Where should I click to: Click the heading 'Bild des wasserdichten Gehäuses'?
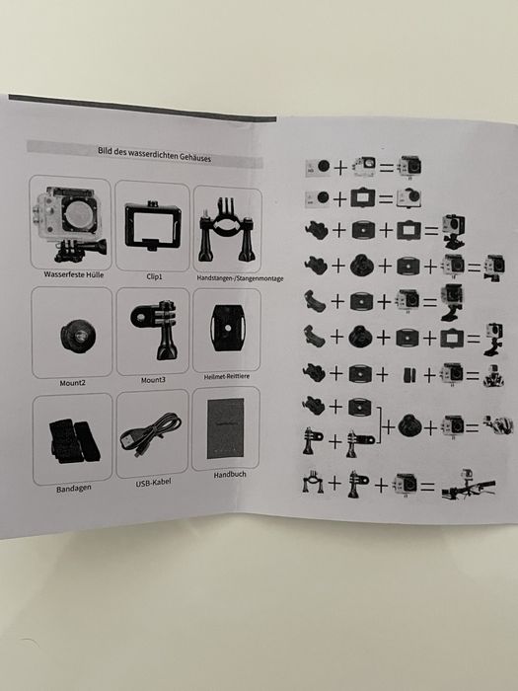pyautogui.click(x=154, y=154)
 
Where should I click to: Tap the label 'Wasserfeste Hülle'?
pyautogui.click(x=74, y=274)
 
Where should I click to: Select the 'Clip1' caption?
pyautogui.click(x=154, y=276)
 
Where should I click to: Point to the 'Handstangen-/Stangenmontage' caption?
pyautogui.click(x=240, y=278)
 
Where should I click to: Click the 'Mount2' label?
pyautogui.click(x=72, y=383)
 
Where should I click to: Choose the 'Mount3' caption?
pyautogui.click(x=153, y=380)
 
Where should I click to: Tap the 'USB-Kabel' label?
pyautogui.click(x=153, y=483)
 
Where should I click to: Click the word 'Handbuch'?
pyautogui.click(x=230, y=475)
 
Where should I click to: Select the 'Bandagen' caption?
pyautogui.click(x=74, y=489)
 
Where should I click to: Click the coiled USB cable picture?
pyautogui.click(x=150, y=434)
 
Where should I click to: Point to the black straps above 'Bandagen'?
pyautogui.click(x=74, y=440)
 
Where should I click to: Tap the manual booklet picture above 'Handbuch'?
pyautogui.click(x=226, y=428)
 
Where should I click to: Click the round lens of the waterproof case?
pyautogui.click(x=80, y=214)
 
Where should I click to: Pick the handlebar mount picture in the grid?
pyautogui.click(x=227, y=230)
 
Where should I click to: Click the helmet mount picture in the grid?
pyautogui.click(x=227, y=328)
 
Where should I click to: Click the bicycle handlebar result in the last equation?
pyautogui.click(x=468, y=486)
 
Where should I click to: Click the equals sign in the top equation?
pyautogui.click(x=387, y=168)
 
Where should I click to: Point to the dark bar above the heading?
pyautogui.click(x=142, y=108)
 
